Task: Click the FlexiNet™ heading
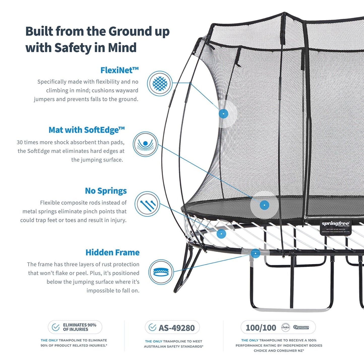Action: pyautogui.click(x=119, y=70)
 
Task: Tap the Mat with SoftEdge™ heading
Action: pyautogui.click(x=87, y=130)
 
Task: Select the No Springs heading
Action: pyautogui.click(x=106, y=191)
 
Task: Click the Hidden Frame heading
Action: pyautogui.click(x=112, y=252)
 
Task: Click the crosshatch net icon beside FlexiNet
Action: pyautogui.click(x=160, y=83)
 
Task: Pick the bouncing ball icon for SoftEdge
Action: pyautogui.click(x=145, y=144)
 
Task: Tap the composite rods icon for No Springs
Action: pyautogui.click(x=147, y=204)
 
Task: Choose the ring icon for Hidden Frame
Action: pyautogui.click(x=161, y=272)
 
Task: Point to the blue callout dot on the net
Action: pyautogui.click(x=223, y=114)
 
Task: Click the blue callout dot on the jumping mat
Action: pyautogui.click(x=264, y=205)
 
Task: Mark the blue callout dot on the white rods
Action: pyautogui.click(x=221, y=234)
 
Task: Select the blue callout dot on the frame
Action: pyautogui.click(x=255, y=253)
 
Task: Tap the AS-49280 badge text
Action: pyautogui.click(x=177, y=328)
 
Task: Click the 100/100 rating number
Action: pyautogui.click(x=261, y=327)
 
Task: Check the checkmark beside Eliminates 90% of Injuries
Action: pyautogui.click(x=55, y=327)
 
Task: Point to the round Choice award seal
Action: pyautogui.click(x=285, y=327)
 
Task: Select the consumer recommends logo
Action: pyautogui.click(x=301, y=327)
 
